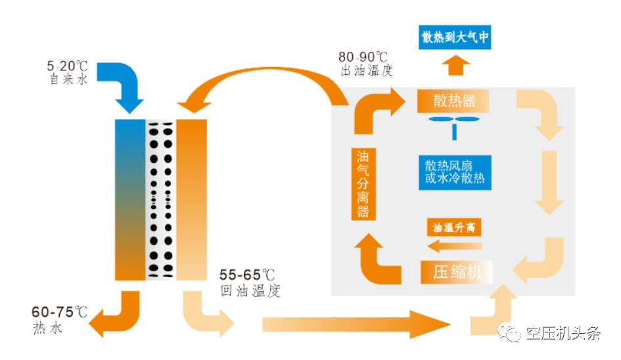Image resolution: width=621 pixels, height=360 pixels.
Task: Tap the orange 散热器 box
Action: [454, 101]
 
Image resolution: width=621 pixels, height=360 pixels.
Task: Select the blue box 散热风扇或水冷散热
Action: [454, 171]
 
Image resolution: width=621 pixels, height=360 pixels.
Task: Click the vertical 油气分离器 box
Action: [363, 184]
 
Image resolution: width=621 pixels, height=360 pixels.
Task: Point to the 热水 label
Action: [47, 328]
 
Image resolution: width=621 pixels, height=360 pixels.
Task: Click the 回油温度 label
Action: [252, 290]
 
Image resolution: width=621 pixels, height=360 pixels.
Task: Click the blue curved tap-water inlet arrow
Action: [125, 86]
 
